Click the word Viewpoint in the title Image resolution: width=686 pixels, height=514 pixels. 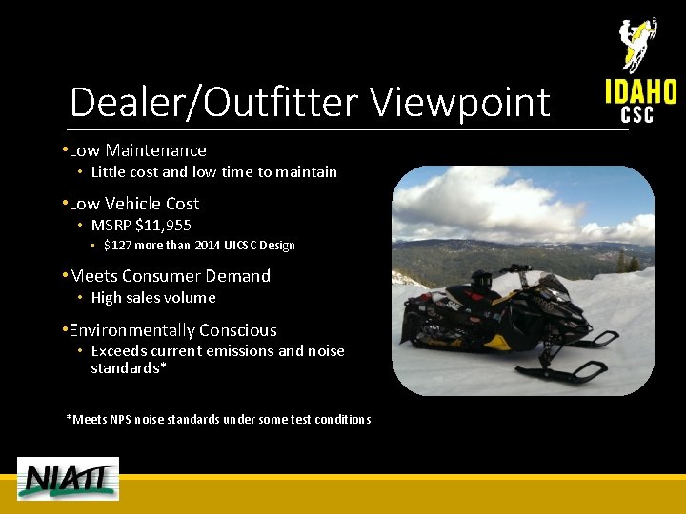(460, 103)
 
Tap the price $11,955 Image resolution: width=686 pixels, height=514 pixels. (164, 226)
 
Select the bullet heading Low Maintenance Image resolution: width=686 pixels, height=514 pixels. (137, 150)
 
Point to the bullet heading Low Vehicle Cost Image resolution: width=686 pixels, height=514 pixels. (133, 204)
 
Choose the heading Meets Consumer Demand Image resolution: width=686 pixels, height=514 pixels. (170, 276)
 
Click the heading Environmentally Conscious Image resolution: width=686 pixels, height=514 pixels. (172, 330)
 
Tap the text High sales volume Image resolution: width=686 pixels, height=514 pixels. (153, 298)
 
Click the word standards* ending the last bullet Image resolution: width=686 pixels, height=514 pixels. (129, 367)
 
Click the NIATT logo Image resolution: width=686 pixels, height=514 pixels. (68, 478)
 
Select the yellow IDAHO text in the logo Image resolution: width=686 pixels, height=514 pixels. (640, 91)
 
